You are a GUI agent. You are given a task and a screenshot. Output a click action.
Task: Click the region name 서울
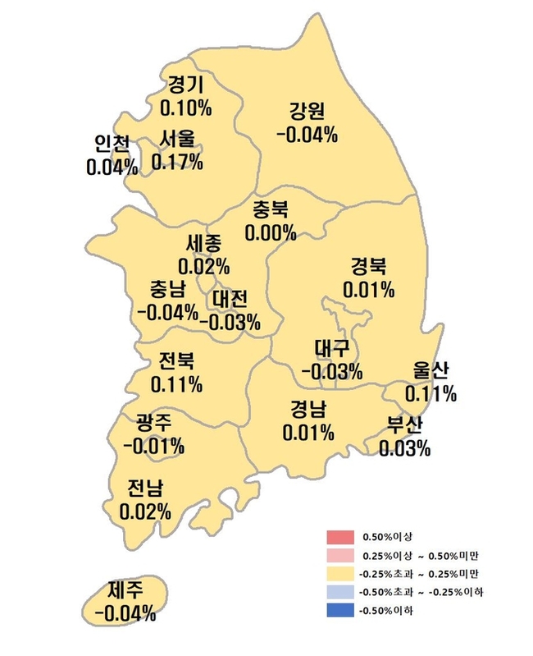click(178, 139)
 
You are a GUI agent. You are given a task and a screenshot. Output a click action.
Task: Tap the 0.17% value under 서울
click(178, 161)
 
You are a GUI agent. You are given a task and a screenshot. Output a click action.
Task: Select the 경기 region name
click(186, 85)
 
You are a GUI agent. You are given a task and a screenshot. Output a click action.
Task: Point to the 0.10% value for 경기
click(186, 107)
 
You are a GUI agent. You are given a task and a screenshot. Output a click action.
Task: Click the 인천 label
click(112, 144)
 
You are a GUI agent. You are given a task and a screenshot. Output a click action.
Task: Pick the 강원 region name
click(307, 111)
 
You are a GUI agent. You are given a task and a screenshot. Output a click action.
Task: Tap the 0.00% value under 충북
click(271, 233)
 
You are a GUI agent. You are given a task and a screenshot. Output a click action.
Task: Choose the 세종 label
click(204, 244)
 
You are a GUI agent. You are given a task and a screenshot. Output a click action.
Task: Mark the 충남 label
click(168, 289)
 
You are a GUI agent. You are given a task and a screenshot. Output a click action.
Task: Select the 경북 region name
click(369, 267)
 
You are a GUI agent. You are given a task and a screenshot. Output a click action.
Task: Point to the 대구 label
click(332, 348)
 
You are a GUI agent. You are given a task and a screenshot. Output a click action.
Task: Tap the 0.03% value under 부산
click(404, 447)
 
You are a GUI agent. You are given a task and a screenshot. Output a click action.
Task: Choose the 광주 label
click(154, 424)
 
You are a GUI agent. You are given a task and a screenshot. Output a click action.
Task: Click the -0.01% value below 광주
click(154, 447)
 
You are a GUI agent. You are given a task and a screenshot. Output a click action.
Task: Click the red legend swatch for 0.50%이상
click(339, 538)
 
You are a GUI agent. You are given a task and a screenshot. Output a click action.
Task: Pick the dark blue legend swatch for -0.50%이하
click(339, 610)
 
